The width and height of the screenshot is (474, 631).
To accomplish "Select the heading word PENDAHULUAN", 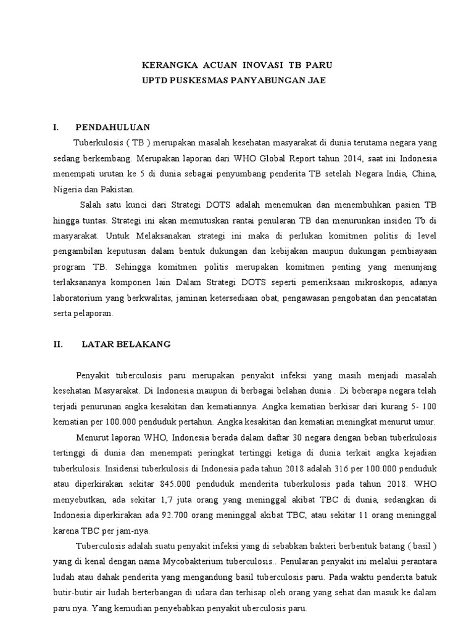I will pos(113,128).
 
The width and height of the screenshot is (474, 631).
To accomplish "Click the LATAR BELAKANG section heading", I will pos(126,344).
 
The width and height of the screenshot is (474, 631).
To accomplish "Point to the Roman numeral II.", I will pos(59,344).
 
